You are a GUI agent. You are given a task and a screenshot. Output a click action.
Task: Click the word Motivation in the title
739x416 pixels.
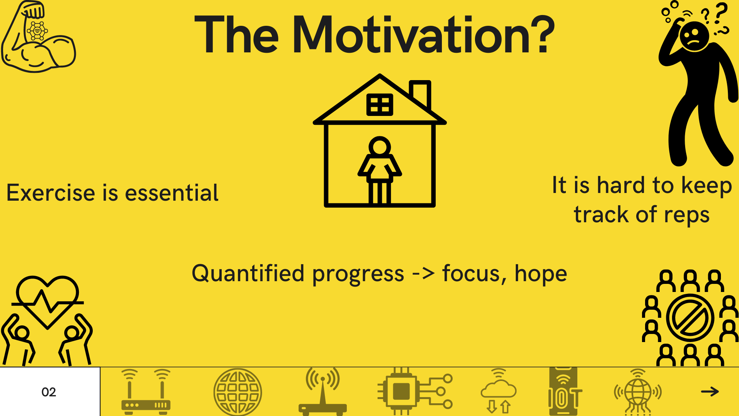(423, 35)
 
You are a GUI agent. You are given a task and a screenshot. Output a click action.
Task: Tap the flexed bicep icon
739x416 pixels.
(38, 37)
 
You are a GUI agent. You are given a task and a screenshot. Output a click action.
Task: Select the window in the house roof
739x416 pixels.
(380, 105)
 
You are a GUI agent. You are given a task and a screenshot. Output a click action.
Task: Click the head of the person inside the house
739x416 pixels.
(380, 147)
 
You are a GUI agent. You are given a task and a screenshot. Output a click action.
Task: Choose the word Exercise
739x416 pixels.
(50, 193)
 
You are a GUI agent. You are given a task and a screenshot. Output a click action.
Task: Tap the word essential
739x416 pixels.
(172, 193)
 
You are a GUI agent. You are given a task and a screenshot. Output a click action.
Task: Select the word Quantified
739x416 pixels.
(248, 274)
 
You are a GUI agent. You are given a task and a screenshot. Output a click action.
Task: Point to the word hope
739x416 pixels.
(541, 274)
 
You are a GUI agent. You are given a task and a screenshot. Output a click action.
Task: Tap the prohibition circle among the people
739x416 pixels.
(690, 318)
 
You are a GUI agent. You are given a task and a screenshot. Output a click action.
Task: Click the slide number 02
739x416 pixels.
(49, 392)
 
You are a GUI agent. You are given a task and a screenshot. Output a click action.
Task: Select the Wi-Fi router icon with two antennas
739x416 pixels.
(146, 392)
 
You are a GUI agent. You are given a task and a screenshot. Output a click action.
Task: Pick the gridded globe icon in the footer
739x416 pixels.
(238, 392)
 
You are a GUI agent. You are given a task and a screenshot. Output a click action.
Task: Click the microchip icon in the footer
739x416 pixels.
(415, 391)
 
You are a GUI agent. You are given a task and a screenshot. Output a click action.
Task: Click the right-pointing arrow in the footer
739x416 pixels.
(710, 392)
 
